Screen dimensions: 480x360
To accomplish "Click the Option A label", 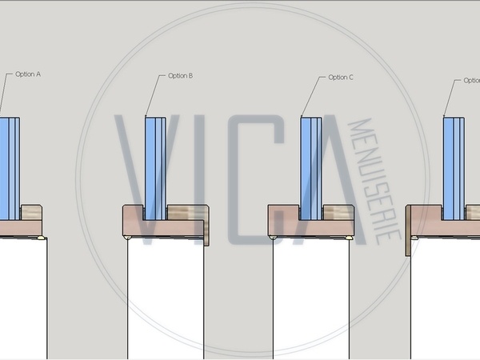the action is coord(28,74).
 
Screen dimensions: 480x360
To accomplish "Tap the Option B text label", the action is coord(180,76).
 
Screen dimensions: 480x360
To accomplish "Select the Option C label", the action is coord(341,78).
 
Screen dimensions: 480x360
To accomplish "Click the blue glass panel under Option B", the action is coord(155,168).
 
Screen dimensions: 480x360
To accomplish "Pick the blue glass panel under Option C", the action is coord(311,168).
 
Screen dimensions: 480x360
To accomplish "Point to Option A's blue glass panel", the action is coord(10,168).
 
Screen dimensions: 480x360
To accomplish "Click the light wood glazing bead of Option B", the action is coord(188,213).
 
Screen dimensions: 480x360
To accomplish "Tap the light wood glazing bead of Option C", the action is coord(338,213).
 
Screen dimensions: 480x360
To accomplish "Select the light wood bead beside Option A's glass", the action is coord(31,213).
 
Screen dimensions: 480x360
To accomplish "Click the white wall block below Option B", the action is coord(166,298).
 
